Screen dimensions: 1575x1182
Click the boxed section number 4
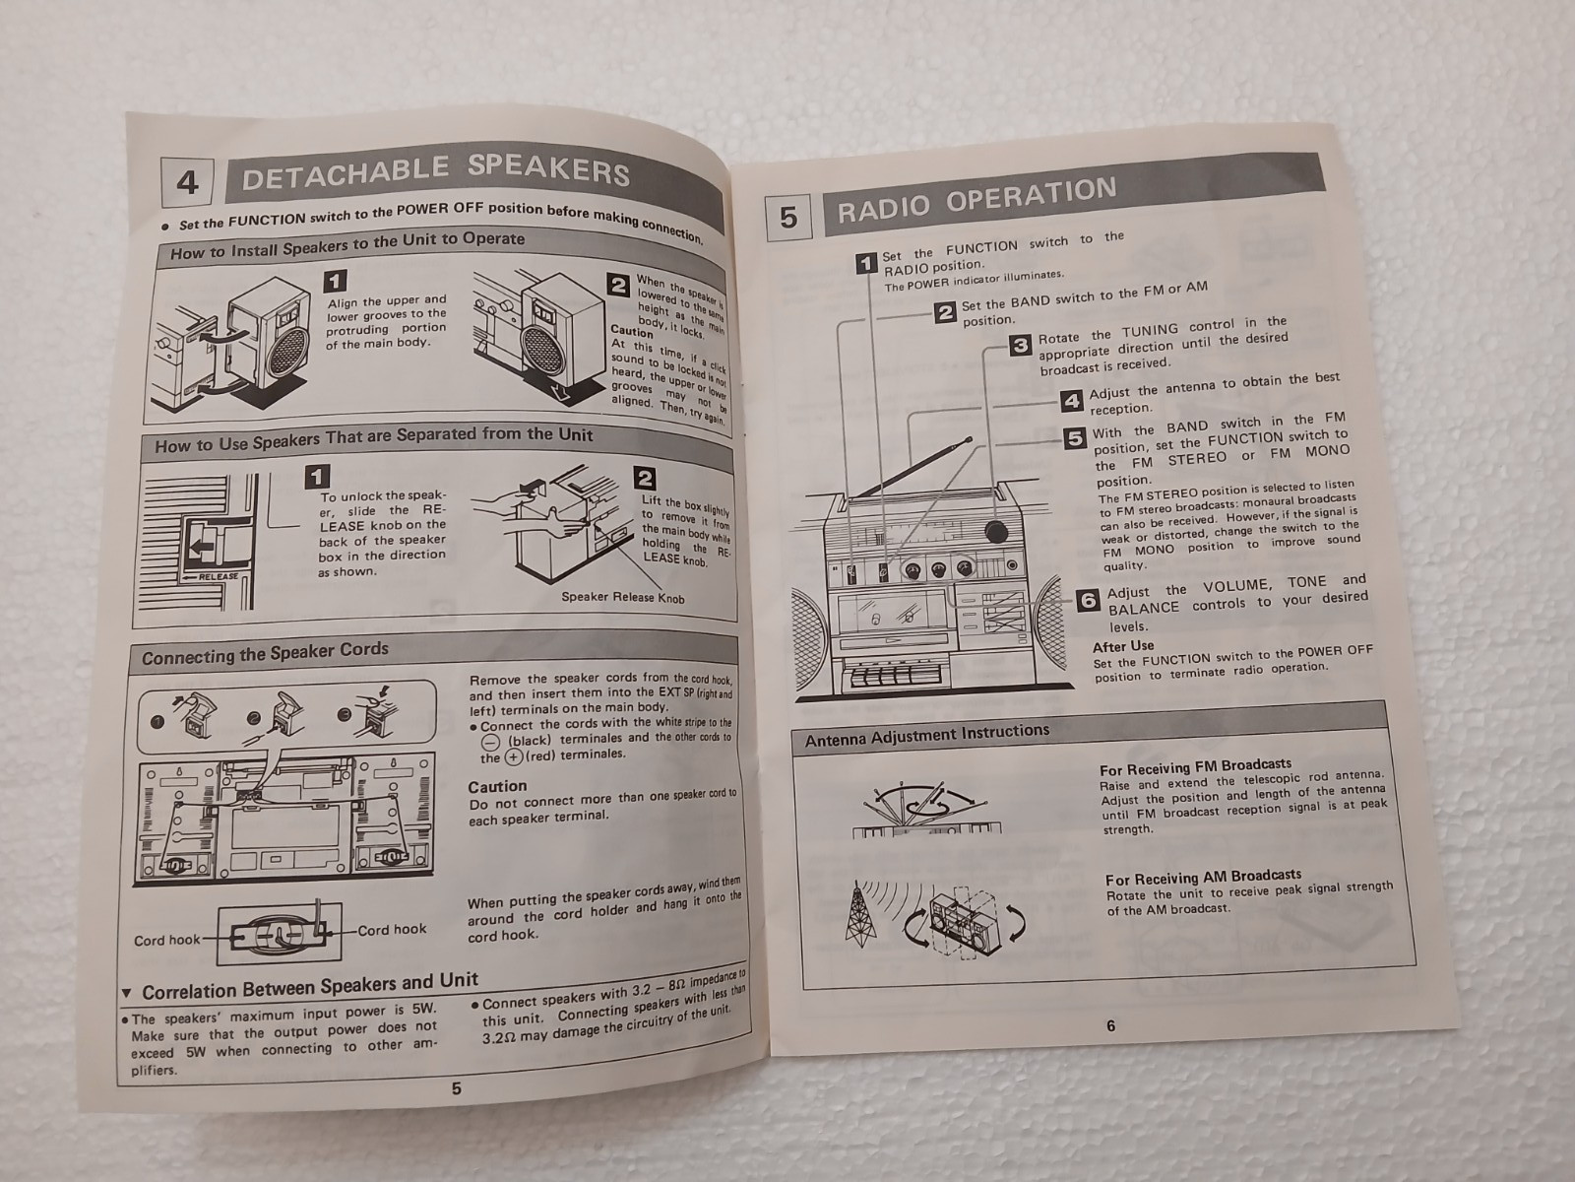(x=187, y=181)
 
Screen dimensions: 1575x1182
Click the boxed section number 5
(x=788, y=216)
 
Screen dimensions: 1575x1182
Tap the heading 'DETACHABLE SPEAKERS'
(x=435, y=172)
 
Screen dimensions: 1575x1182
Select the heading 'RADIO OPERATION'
(x=977, y=200)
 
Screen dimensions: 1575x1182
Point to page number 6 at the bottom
(x=1110, y=1025)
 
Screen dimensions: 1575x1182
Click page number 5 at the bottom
(x=457, y=1088)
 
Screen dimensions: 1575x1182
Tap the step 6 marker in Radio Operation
(x=1088, y=599)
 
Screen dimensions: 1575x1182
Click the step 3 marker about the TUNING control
(x=1019, y=346)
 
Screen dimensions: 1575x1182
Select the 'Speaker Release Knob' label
(x=623, y=597)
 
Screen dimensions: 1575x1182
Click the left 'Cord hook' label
(x=166, y=940)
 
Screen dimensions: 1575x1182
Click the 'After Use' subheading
(x=1123, y=646)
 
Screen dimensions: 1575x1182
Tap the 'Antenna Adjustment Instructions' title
(x=927, y=735)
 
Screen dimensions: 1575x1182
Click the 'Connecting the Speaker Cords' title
(x=265, y=654)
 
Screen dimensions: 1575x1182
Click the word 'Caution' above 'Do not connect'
(x=497, y=787)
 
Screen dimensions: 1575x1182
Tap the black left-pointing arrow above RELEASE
(x=203, y=549)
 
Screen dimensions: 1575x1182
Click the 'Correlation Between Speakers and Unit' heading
(x=310, y=986)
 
